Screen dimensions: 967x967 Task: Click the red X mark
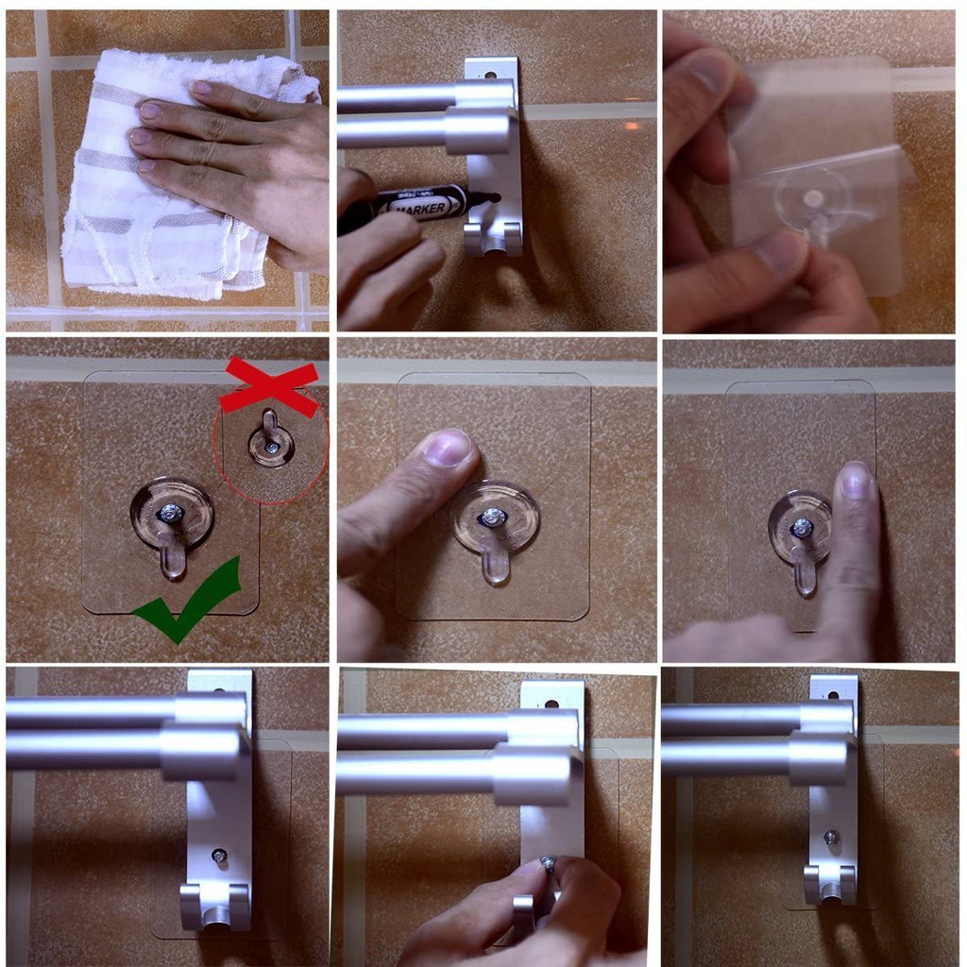(x=270, y=387)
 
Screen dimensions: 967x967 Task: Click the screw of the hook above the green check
(x=171, y=513)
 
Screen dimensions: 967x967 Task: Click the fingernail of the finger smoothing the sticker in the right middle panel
(x=856, y=480)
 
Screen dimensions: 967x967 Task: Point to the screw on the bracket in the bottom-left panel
(x=219, y=856)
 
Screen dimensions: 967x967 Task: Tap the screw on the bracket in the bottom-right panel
(x=832, y=837)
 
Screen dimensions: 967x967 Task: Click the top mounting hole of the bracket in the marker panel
(x=491, y=73)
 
